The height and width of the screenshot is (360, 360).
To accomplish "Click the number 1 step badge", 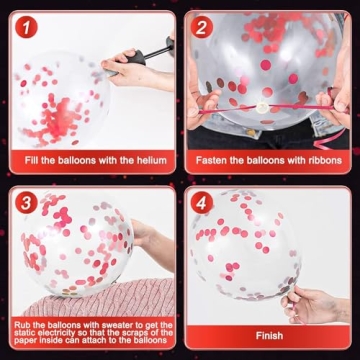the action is [26, 27].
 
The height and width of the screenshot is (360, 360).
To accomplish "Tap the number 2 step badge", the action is [202, 27].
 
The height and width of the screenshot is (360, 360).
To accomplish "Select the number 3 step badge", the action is [26, 202].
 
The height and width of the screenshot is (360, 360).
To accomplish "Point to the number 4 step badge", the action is [202, 202].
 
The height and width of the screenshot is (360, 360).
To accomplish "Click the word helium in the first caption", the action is [151, 160].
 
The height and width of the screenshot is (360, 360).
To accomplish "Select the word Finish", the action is [269, 335].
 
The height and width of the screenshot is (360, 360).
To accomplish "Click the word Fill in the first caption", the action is [31, 160].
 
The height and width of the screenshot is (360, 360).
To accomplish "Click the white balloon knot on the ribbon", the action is [262, 108].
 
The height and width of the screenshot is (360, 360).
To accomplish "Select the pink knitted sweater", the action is [100, 298].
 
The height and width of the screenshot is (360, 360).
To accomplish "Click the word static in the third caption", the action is [24, 333].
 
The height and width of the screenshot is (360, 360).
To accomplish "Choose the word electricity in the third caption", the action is [56, 333].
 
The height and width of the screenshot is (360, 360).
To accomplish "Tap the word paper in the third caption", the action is [24, 341].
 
